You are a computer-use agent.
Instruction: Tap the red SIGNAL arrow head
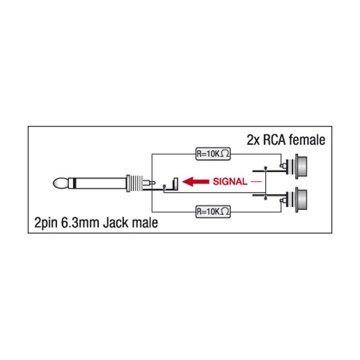point(189,182)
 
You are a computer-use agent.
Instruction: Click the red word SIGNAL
point(229,182)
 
